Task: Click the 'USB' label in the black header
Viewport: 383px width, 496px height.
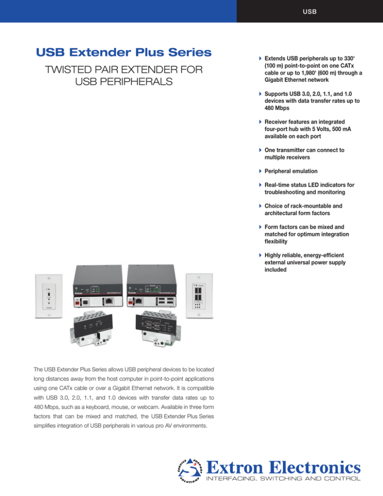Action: (x=309, y=10)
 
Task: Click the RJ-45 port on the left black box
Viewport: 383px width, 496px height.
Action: (x=109, y=301)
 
